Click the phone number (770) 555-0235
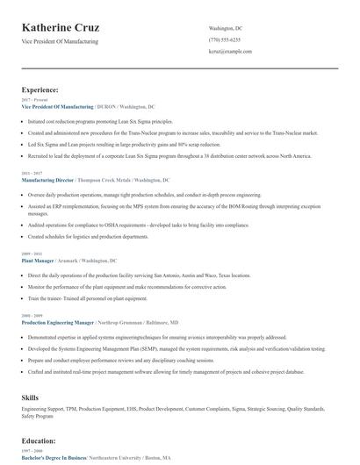[x=225, y=40]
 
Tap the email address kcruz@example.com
[x=230, y=52]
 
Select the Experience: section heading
[x=40, y=89]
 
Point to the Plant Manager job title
[x=38, y=261]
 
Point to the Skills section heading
[x=30, y=398]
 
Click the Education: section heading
[x=39, y=440]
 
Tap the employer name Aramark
[x=69, y=261]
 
